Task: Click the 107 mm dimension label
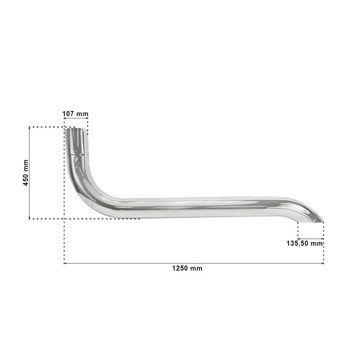click(75, 114)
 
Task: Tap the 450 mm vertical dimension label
click(26, 173)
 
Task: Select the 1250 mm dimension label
click(187, 268)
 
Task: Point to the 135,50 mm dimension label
click(305, 243)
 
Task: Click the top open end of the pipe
click(76, 130)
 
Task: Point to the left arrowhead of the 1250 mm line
click(65, 263)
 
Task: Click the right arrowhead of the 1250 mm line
click(323, 263)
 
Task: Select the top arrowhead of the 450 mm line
click(29, 128)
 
